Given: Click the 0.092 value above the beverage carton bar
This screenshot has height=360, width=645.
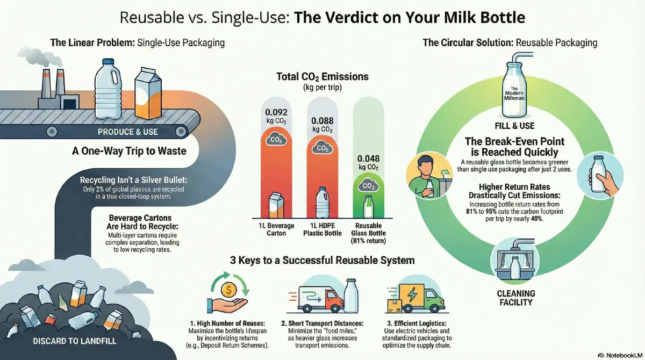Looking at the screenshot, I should coord(276,113).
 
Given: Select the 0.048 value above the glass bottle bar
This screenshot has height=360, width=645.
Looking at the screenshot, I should coord(368,159).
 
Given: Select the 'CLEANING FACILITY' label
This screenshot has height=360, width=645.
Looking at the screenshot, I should coord(515,298).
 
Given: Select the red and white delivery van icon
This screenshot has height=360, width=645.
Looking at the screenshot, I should coord(320,298).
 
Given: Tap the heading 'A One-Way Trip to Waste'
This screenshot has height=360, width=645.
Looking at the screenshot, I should coord(129,151).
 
